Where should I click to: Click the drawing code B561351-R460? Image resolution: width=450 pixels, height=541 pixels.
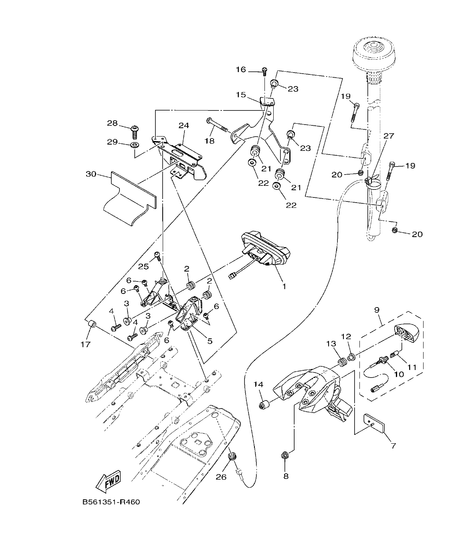(111, 502)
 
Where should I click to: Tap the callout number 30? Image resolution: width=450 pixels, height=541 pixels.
(92, 174)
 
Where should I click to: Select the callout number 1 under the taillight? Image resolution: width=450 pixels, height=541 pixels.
(284, 286)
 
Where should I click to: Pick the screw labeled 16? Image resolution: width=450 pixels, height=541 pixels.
(264, 72)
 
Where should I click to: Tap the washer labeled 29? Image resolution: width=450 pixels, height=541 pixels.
(135, 144)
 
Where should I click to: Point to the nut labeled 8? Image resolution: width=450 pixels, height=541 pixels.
(285, 455)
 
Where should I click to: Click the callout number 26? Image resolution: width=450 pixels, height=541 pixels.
(221, 477)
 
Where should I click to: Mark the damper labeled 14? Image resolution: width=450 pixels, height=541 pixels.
(263, 404)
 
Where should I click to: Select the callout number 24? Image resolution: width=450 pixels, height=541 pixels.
(184, 126)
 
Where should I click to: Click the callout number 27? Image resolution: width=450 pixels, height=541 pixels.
(389, 136)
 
